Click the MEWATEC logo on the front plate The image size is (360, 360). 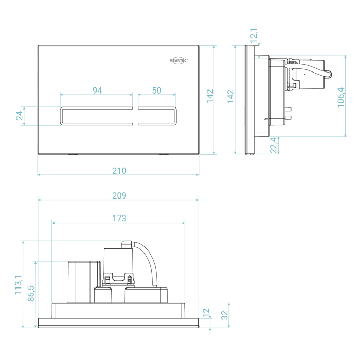pos(179,59)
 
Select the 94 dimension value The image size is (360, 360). pos(97,90)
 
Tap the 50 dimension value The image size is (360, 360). pos(157,90)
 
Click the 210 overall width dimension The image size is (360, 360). pos(119,171)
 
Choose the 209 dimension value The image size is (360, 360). pos(119,195)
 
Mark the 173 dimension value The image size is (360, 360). pos(119,218)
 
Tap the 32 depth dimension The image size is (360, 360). pos(225,315)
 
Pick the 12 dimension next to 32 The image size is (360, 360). pos(207,312)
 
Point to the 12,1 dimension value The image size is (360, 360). pos(254,36)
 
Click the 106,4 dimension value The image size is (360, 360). pos(340,96)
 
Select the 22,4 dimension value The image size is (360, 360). pos(274,145)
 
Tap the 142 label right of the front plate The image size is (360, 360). pos(210,96)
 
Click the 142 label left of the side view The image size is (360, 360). pos(230,96)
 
